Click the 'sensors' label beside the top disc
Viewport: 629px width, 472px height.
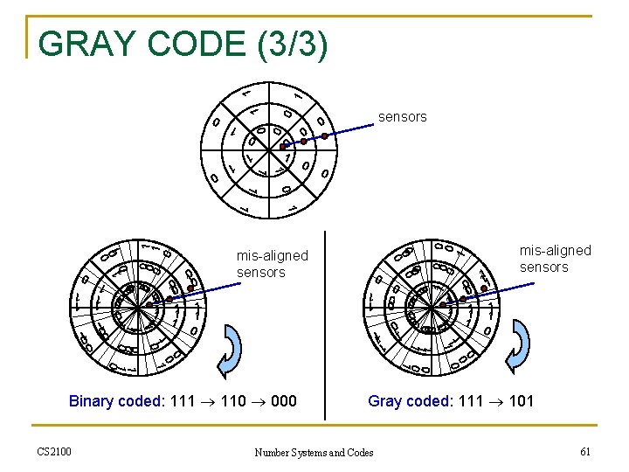[x=402, y=116]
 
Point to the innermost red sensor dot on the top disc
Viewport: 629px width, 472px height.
[x=283, y=146]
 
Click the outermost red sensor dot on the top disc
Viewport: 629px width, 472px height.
[x=324, y=135]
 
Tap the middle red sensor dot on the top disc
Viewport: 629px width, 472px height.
[x=303, y=141]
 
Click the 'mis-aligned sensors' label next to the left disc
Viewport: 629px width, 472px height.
[x=272, y=264]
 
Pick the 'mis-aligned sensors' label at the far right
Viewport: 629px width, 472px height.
[x=555, y=259]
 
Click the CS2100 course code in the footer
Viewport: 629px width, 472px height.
[x=54, y=451]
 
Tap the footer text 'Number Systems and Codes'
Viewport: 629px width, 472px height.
[x=314, y=452]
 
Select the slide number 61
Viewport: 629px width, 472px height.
[x=584, y=451]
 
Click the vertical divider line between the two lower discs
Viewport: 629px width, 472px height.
[x=325, y=323]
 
